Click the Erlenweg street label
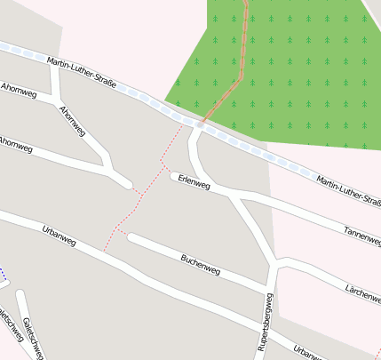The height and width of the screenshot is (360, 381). pyautogui.click(x=194, y=182)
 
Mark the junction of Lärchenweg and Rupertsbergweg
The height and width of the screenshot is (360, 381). pyautogui.click(x=276, y=263)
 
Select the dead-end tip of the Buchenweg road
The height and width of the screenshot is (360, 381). pyautogui.click(x=131, y=237)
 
